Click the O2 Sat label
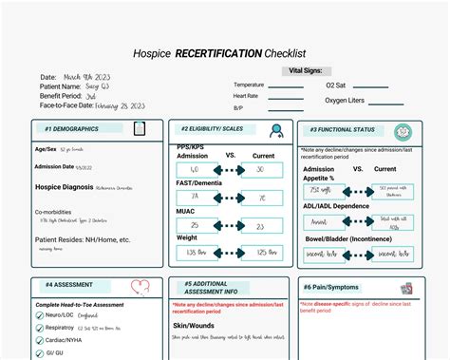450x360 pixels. coord(336,85)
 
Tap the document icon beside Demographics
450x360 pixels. coord(140,128)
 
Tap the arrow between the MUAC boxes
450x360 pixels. coord(229,226)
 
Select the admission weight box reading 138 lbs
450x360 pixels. coord(197,254)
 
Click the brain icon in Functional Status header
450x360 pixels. coord(402,133)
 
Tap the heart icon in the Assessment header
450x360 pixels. coord(141,285)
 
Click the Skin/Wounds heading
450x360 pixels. coord(194,323)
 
